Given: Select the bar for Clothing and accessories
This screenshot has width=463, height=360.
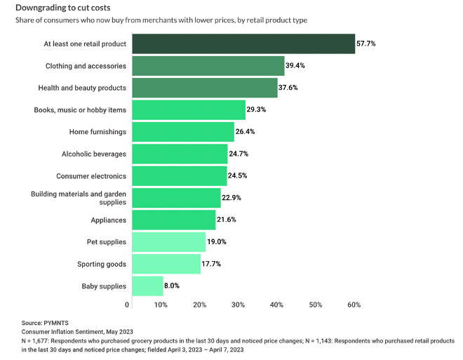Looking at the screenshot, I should (x=207, y=66).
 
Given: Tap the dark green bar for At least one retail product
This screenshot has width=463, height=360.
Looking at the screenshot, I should (x=242, y=44).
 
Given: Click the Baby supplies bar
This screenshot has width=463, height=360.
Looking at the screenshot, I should (x=146, y=286).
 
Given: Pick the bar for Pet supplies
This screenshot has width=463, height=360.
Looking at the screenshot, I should (x=168, y=242).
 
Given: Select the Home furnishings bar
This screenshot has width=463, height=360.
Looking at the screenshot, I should (x=182, y=132).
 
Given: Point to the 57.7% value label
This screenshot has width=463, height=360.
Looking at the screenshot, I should (x=366, y=44).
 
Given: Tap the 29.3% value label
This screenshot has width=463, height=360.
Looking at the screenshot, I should (x=257, y=110).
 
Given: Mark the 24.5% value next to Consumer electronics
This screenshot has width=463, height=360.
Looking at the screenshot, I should (x=239, y=176).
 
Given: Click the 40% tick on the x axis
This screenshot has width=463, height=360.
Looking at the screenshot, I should (x=276, y=305).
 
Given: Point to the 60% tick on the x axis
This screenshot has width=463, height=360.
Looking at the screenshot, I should (x=354, y=305).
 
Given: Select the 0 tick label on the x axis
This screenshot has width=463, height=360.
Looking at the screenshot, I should (x=127, y=305).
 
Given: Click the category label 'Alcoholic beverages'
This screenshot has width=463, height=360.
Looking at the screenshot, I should (x=94, y=154).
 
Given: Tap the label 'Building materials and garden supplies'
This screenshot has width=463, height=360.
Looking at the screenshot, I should (x=79, y=198).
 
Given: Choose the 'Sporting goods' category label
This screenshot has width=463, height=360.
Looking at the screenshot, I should (x=102, y=265).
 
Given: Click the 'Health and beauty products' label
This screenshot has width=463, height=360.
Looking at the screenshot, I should (x=82, y=88).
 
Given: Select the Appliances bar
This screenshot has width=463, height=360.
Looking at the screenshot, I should (x=173, y=220).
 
